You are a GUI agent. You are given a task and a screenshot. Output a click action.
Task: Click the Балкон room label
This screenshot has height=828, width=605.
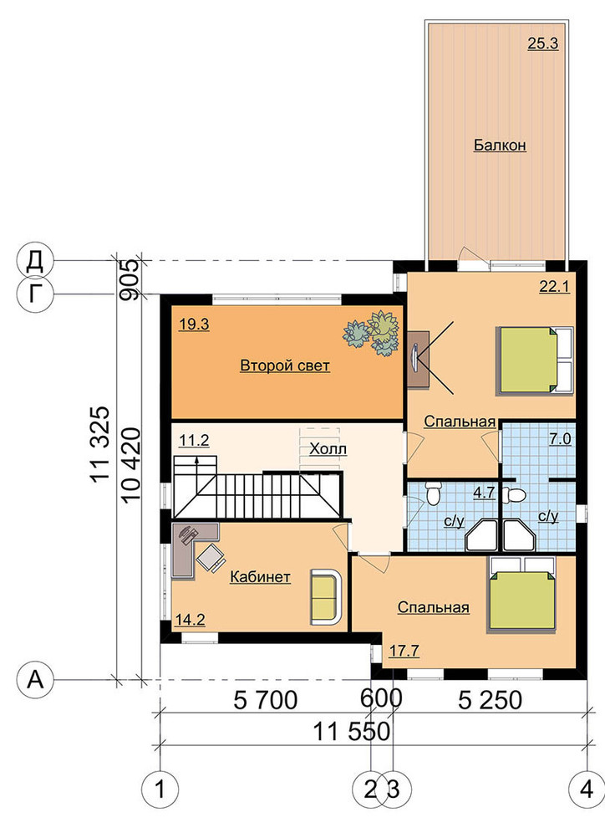coord(500,145)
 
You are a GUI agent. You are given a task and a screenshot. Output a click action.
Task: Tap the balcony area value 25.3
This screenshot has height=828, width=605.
coord(543,43)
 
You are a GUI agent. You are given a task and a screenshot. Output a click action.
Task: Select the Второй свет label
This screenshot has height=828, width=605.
coord(285,365)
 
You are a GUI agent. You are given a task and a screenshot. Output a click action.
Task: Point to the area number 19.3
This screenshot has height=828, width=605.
coord(194,325)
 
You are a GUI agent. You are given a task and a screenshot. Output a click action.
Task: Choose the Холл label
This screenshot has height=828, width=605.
coord(328,449)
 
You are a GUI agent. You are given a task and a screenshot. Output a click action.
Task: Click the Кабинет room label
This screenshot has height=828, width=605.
coord(260,577)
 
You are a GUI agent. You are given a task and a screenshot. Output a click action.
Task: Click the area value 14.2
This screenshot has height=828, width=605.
coord(190,620)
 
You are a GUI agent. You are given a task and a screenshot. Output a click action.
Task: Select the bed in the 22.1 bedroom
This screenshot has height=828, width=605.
coord(534,360)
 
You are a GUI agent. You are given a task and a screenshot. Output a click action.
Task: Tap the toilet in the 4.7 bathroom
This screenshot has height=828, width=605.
coord(434,493)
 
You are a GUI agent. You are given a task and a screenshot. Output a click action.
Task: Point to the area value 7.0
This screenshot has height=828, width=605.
coord(561,438)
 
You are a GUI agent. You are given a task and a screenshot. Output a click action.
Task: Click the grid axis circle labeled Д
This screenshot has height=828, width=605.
coord(35,260)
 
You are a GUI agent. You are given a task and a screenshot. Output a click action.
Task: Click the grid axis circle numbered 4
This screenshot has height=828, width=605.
coord(587,790)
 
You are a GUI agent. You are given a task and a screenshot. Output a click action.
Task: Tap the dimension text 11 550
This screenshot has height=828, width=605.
coord(352,732)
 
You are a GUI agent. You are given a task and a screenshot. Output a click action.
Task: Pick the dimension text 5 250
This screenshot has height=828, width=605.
coord(490,700)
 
